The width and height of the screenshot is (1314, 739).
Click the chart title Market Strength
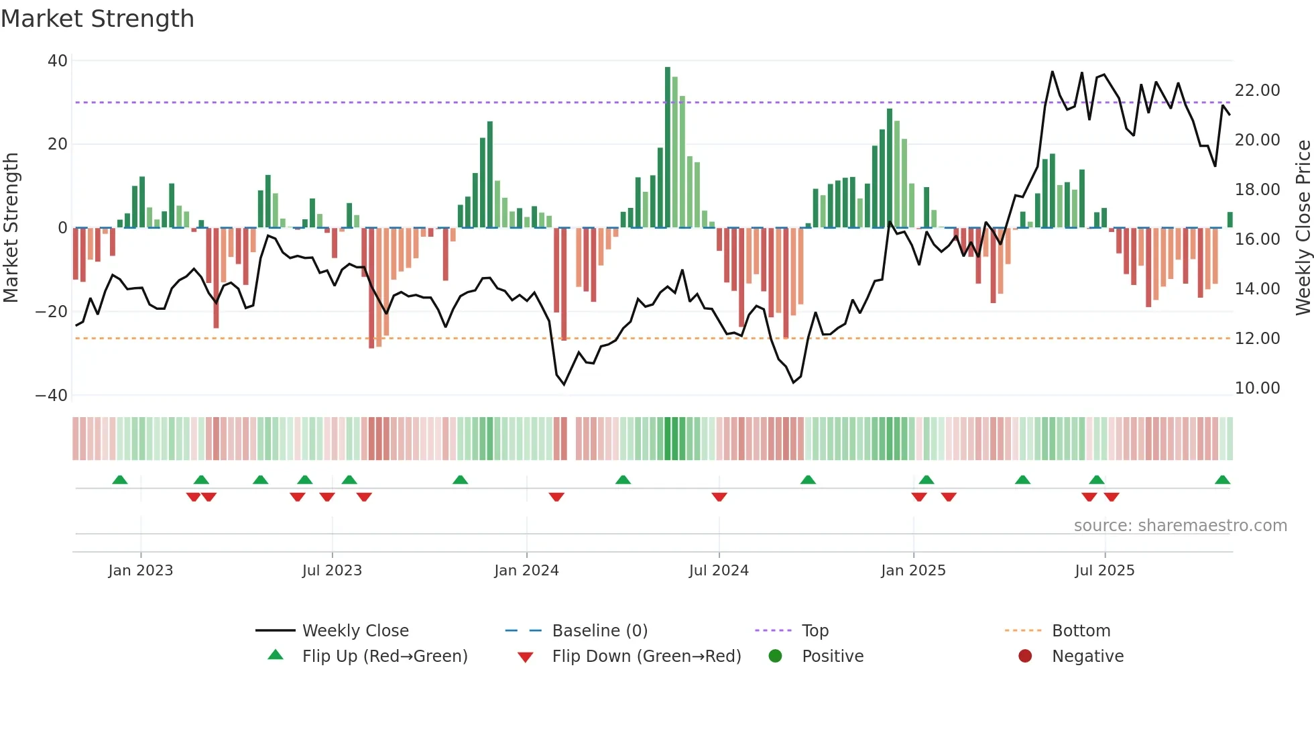click(x=97, y=19)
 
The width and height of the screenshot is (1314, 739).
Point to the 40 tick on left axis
click(x=58, y=61)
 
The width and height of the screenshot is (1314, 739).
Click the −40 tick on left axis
click(x=52, y=396)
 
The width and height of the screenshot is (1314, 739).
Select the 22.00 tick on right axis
click(x=1257, y=91)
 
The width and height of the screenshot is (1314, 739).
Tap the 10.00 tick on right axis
click(x=1257, y=388)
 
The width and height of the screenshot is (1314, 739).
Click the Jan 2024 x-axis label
click(x=526, y=571)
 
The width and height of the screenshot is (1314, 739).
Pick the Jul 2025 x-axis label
click(x=1104, y=571)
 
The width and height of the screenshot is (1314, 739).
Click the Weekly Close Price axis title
click(x=1303, y=228)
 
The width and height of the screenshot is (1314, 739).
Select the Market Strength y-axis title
click(x=11, y=228)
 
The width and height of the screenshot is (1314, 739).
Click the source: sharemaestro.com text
click(x=1180, y=526)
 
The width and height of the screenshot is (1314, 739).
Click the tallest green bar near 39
click(x=668, y=148)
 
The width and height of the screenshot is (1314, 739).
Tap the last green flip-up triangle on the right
click(x=1222, y=480)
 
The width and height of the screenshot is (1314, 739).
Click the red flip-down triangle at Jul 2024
click(x=719, y=497)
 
